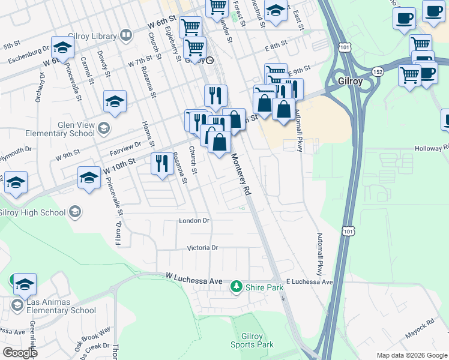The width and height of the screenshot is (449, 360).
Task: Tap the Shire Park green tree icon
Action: pos(237,287)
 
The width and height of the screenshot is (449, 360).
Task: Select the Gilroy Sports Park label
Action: pos(252,340)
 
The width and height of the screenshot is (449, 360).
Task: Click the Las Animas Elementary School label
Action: pos(53,306)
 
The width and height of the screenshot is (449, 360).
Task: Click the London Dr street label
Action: pos(194,221)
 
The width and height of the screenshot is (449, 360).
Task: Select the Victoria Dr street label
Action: pos(202,247)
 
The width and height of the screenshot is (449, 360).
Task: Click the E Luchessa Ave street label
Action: pos(309,281)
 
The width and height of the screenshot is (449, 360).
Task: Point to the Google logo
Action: pos(20,353)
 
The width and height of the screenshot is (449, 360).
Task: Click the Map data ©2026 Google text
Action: pos(411,355)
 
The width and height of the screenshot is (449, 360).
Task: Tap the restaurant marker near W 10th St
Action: pos(161,164)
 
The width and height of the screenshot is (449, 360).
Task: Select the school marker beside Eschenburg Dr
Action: pos(62,47)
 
